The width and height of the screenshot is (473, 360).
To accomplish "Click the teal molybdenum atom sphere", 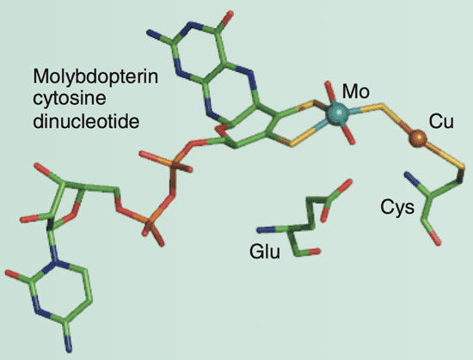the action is pyautogui.click(x=337, y=113).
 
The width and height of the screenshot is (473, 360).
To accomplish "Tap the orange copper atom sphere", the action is pyautogui.click(x=418, y=138).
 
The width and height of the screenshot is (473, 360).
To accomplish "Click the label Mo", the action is pyautogui.click(x=356, y=92).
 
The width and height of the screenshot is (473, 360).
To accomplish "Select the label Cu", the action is pyautogui.click(x=441, y=122).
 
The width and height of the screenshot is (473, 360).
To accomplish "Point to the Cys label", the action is pyautogui.click(x=397, y=208).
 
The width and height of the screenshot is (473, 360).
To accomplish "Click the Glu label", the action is pyautogui.click(x=265, y=252).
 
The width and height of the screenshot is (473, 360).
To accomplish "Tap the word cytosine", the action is pyautogui.click(x=70, y=99).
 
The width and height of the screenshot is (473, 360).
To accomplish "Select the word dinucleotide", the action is pyautogui.click(x=86, y=121).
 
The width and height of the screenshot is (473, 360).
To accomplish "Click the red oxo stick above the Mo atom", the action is pyautogui.click(x=330, y=91).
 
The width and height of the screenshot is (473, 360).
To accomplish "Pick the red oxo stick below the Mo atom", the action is pyautogui.click(x=348, y=135).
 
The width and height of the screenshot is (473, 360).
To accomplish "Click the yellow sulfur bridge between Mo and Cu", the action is pyautogui.click(x=381, y=112).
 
